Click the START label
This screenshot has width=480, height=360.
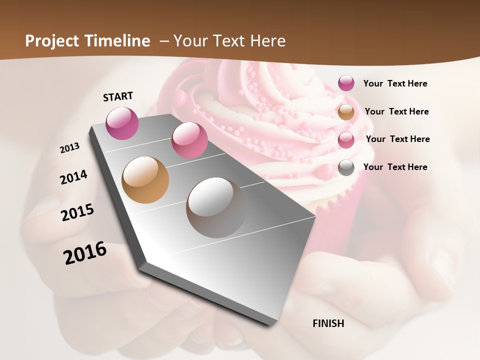tap(118, 96)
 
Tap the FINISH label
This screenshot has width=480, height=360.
tap(328, 323)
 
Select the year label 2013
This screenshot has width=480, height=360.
tap(70, 148)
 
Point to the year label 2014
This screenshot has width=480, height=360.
tap(73, 177)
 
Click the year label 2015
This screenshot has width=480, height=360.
tap(77, 212)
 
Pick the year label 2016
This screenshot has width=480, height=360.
tap(85, 253)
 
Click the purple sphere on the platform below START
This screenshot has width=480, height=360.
tap(122, 123)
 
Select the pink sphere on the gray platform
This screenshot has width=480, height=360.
tap(189, 140)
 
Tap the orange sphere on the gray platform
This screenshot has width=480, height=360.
tap(145, 180)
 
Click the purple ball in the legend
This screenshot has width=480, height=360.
tap(346, 83)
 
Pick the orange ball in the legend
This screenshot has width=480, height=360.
tap(346, 112)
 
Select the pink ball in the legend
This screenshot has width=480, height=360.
tap(346, 140)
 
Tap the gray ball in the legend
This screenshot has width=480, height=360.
tap(346, 168)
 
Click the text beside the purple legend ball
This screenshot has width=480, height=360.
tap(395, 83)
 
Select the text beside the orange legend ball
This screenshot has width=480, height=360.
tap(396, 111)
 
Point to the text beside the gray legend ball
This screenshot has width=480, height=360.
tap(395, 167)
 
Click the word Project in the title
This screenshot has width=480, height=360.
tap(52, 41)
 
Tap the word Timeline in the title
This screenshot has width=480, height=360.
tap(117, 41)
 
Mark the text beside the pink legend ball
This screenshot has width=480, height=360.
tap(397, 139)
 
